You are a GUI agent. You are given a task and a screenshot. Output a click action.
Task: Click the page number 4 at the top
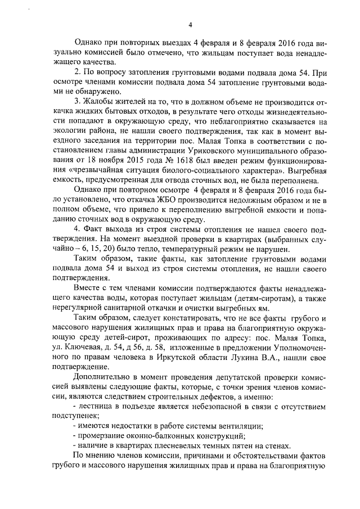coord(190,25)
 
